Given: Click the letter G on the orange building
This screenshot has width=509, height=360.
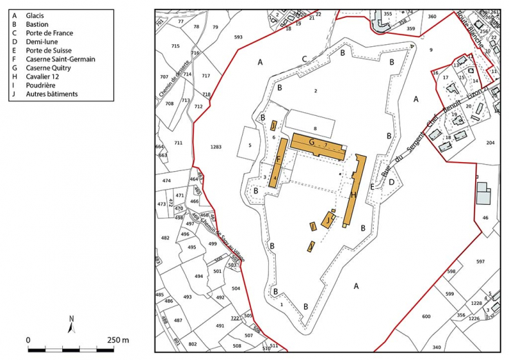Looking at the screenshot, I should pos(312,142).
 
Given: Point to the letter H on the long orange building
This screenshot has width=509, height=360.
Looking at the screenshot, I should pos(353,195).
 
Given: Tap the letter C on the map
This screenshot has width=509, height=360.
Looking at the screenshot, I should pos(304,59).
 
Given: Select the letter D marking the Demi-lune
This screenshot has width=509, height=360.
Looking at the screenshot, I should pos(391,182).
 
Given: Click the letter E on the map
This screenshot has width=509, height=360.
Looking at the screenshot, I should pos(372,187).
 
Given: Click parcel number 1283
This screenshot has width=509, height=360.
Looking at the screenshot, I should pos(217,147).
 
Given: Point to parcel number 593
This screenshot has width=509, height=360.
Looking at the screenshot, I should pos(239,37).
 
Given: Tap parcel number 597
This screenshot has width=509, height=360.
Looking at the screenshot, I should pos(480,261).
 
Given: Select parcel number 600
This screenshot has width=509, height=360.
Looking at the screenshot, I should pos(426,316).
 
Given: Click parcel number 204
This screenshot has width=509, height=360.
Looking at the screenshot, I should pos(490,142).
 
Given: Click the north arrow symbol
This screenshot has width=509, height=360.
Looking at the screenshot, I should pos(71,322).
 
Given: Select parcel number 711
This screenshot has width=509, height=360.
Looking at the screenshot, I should pos(178,143).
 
